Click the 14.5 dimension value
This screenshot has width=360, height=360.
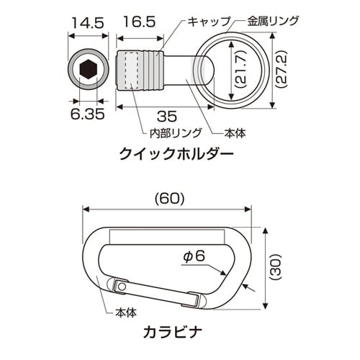click(x=86, y=23)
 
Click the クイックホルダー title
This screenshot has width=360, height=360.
click(x=168, y=153)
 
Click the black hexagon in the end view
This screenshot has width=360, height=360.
click(x=87, y=70)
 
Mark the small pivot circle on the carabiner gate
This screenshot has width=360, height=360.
click(x=123, y=287)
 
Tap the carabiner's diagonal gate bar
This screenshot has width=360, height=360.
click(x=162, y=293)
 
